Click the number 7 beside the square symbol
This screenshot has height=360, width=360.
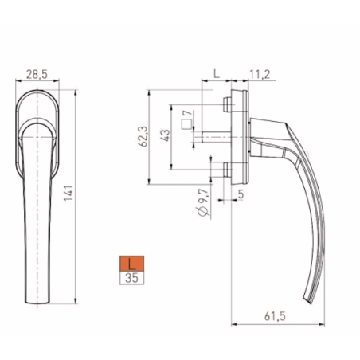186,114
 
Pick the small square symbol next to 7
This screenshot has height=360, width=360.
186,125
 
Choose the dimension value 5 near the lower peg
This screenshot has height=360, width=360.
240,191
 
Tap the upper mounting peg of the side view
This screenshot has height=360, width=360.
227,104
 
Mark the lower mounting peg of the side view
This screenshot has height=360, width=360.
227,168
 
